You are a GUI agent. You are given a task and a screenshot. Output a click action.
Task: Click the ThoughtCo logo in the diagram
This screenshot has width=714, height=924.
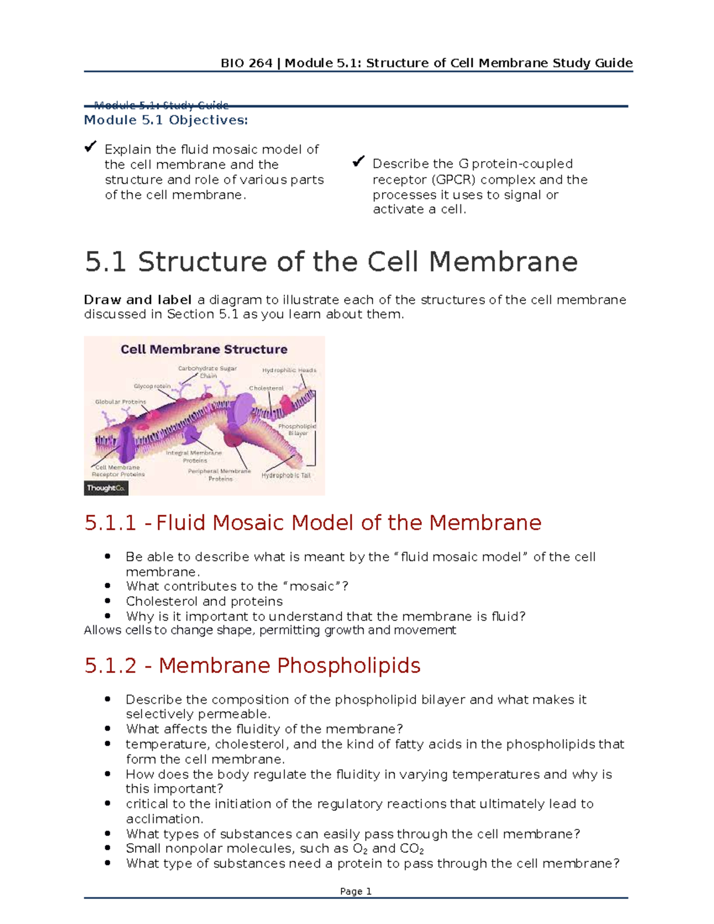pyautogui.click(x=106, y=488)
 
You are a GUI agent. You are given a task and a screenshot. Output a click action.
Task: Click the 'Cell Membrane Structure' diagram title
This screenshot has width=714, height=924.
pyautogui.click(x=204, y=349)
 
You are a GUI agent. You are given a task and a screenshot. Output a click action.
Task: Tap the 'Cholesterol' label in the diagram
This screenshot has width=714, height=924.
pyautogui.click(x=266, y=388)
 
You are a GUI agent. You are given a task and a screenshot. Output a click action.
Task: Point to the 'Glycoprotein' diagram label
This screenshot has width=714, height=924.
pyautogui.click(x=152, y=386)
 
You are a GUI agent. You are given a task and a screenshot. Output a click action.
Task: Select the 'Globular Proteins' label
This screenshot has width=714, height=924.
pyautogui.click(x=120, y=402)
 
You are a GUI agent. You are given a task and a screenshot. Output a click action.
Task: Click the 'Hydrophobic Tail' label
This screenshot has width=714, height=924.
pyautogui.click(x=286, y=475)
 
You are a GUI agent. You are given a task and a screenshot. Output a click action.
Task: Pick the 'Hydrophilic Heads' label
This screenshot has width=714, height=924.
pyautogui.click(x=289, y=370)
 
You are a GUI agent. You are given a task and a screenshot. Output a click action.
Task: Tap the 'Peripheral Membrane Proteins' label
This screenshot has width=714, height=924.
pyautogui.click(x=220, y=475)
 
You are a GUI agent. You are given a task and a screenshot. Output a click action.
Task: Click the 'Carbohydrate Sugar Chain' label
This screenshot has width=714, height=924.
pyautogui.click(x=207, y=372)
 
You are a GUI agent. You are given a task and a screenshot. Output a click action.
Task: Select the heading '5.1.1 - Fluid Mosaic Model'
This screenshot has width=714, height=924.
pyautogui.click(x=313, y=522)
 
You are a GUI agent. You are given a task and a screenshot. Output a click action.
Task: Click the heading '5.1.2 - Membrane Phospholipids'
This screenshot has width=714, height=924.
pyautogui.click(x=252, y=665)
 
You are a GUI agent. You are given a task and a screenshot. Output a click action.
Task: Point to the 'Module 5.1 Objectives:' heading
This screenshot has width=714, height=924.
pyautogui.click(x=165, y=120)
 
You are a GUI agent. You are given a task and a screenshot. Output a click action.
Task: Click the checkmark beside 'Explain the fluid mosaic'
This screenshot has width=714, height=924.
pyautogui.click(x=90, y=146)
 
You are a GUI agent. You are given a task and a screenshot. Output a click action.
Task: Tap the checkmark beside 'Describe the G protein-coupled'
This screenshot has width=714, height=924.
pyautogui.click(x=358, y=161)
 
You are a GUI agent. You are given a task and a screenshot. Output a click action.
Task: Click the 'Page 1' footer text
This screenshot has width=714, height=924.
pyautogui.click(x=356, y=891)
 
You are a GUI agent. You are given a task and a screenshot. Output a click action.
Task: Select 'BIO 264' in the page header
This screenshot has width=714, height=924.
pyautogui.click(x=246, y=63)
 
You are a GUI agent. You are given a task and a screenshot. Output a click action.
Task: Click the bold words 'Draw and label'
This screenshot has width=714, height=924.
pyautogui.click(x=137, y=300)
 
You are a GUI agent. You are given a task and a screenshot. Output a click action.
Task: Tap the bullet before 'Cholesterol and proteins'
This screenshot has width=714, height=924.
pyautogui.click(x=108, y=601)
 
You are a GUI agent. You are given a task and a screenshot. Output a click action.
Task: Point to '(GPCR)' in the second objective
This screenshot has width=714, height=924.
pyautogui.click(x=454, y=180)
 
